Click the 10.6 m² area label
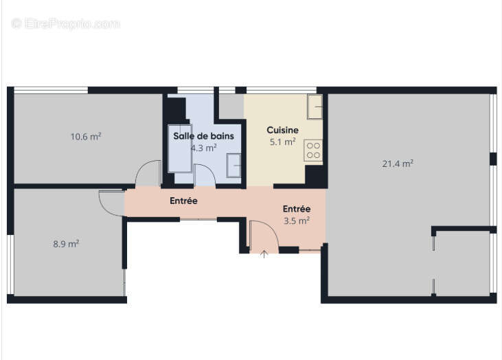point(86,137)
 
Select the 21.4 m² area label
point(398,164)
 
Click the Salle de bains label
point(203,136)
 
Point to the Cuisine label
point(282,130)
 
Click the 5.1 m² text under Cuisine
point(282,142)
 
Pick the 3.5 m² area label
point(297,221)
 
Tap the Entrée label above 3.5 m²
point(297,209)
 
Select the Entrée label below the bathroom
point(183,201)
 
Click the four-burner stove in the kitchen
point(314,150)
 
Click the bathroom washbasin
point(233,166)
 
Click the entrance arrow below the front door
point(264,255)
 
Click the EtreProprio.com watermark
point(66,23)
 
